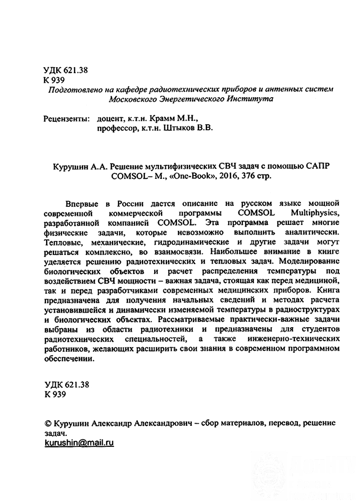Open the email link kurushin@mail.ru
(80, 443)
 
